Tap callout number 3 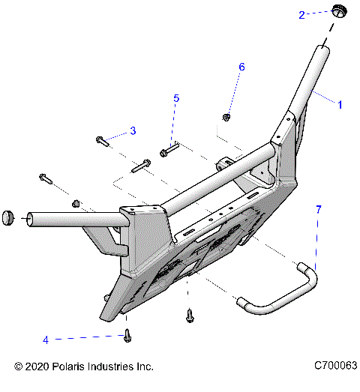click(x=133, y=131)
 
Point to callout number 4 click(x=45, y=340)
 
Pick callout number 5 click(x=176, y=98)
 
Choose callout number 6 click(x=241, y=67)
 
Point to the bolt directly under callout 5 click(x=167, y=153)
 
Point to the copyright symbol click(x=19, y=367)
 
